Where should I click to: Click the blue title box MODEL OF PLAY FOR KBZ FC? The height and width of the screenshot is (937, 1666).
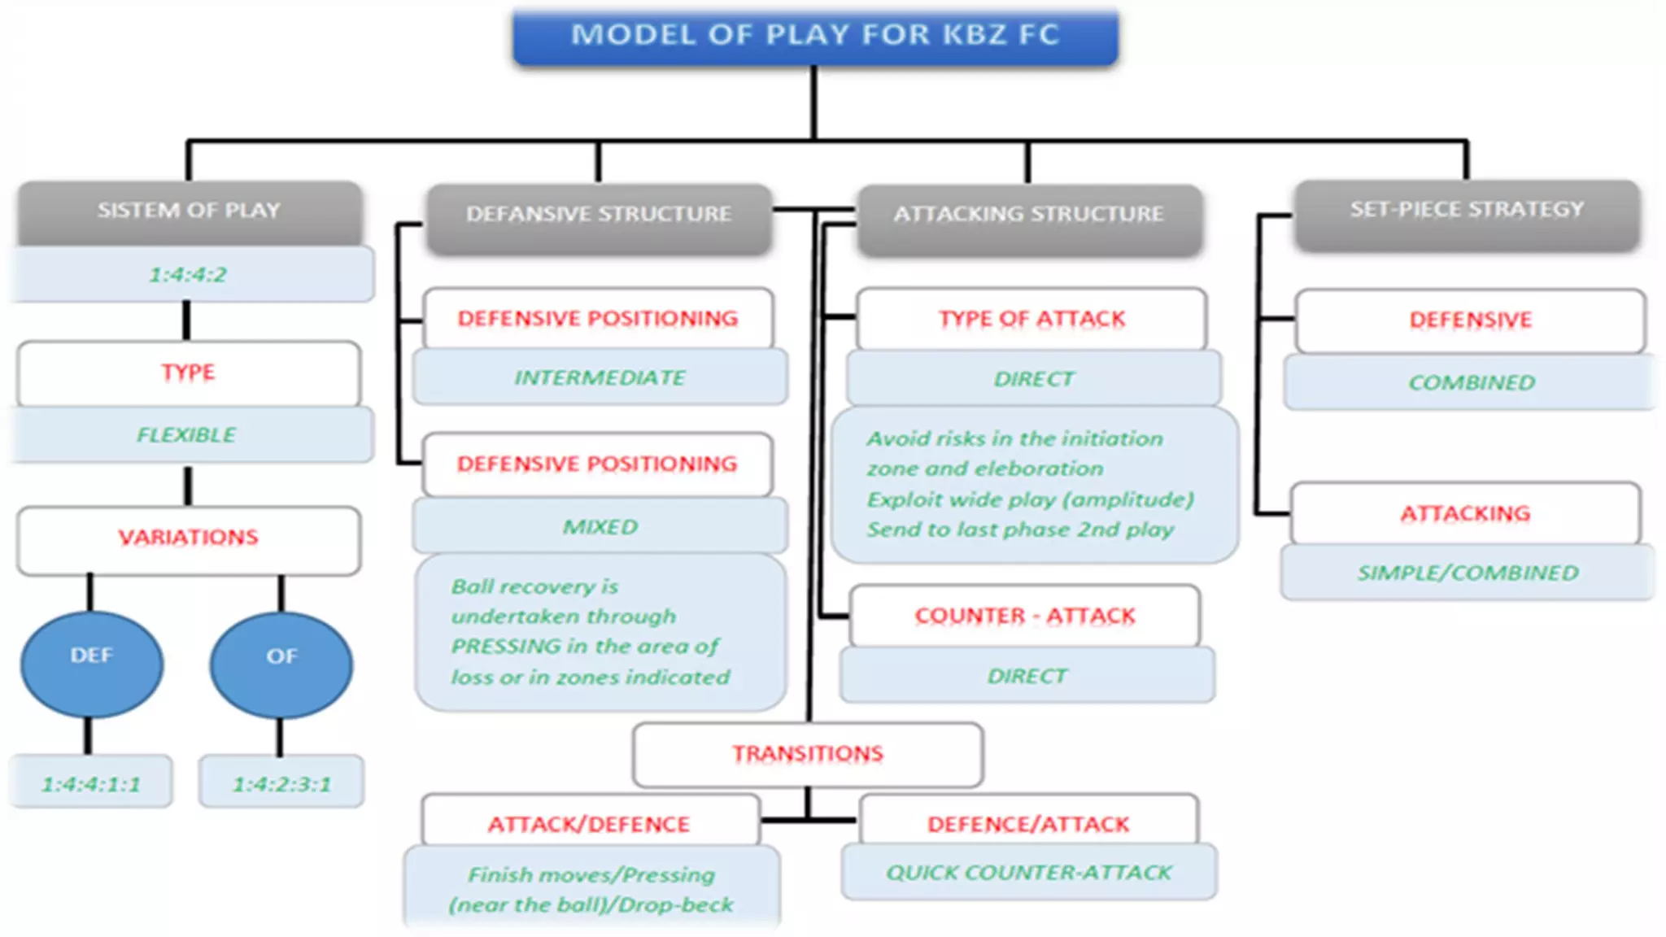pos(815,36)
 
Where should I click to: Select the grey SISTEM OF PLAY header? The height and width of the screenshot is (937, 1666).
pos(189,211)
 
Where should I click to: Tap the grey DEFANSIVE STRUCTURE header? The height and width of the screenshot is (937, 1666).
pos(599,214)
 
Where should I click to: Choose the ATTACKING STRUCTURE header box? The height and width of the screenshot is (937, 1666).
pos(1028,214)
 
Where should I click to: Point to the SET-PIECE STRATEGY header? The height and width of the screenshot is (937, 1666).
pos(1467,210)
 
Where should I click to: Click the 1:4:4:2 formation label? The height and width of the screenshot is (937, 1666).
pos(188,275)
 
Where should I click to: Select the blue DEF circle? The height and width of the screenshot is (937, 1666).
pos(91,663)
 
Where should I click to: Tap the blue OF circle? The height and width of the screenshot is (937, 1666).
pos(281,664)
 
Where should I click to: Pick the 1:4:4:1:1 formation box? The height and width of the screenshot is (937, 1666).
pos(91,783)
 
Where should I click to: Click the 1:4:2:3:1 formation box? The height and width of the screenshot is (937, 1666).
pos(281,783)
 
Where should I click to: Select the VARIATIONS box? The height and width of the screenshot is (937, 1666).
pos(188,538)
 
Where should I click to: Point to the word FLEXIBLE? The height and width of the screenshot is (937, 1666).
pos(186,435)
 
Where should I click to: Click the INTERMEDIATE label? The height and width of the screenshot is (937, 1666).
pos(600,377)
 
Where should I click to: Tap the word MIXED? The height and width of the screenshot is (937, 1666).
pos(600,527)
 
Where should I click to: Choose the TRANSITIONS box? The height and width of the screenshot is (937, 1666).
pos(807,754)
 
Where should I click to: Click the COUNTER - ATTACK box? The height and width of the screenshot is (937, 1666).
pos(1024,616)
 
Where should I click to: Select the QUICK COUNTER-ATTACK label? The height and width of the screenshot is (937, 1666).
pos(1028,873)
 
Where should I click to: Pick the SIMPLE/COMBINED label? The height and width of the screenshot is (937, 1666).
pos(1468,573)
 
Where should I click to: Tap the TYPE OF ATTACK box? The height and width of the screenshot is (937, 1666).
pos(1031,319)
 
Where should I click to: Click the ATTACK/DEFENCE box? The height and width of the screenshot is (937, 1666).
pos(589,824)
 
